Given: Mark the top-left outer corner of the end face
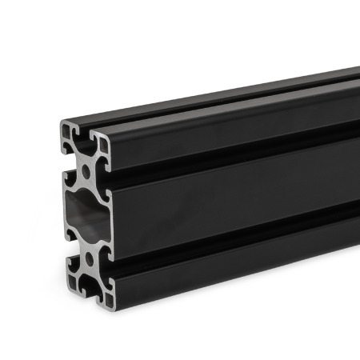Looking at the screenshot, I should point(62,122).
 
